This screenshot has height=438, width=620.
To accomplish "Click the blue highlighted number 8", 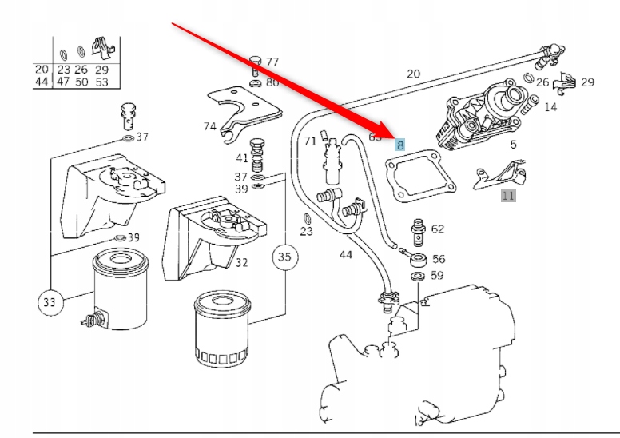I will tap(400, 145).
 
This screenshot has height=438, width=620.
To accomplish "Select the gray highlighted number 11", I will tap(509, 194).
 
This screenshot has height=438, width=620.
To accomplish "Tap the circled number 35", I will tap(284, 257).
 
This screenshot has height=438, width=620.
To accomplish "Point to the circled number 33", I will tap(50, 303).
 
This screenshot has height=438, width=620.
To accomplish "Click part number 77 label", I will tap(272, 62).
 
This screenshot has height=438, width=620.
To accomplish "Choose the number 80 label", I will tap(272, 82).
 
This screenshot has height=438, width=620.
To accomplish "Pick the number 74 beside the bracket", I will tap(209, 126).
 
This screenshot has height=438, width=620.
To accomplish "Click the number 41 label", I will tap(241, 157).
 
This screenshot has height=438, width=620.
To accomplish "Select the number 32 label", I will tap(241, 262).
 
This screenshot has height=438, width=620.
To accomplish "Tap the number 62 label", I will tap(438, 229).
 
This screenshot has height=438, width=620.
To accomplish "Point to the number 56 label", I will tap(439, 259).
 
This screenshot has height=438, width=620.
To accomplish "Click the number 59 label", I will tap(437, 276).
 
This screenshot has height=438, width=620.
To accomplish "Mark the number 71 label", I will tap(311, 141).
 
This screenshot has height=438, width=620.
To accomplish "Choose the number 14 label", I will tap(550, 106).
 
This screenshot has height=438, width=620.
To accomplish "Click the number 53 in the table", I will tap(101, 82).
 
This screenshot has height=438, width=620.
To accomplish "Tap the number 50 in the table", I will tap(82, 82).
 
